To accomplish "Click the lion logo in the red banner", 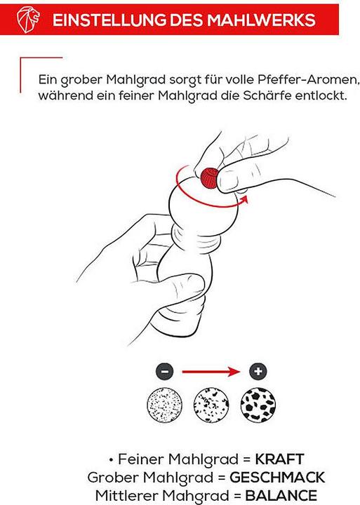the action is (28, 20).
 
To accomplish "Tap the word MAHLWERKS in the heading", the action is (261, 20).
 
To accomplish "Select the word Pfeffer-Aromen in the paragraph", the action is (307, 79).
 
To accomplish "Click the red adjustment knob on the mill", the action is (209, 177).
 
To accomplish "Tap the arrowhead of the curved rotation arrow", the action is (244, 199).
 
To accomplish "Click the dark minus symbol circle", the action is (165, 371).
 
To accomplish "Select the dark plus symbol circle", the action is (258, 371).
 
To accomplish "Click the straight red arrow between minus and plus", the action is (211, 372).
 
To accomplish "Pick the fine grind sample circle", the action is (164, 405).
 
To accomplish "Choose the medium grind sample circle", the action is (211, 405).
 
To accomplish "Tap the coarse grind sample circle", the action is (258, 405).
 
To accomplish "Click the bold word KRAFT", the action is (280, 459).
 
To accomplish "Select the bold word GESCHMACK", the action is (277, 478).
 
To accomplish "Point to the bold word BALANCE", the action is (281, 495).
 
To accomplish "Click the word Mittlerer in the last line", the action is (126, 495).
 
